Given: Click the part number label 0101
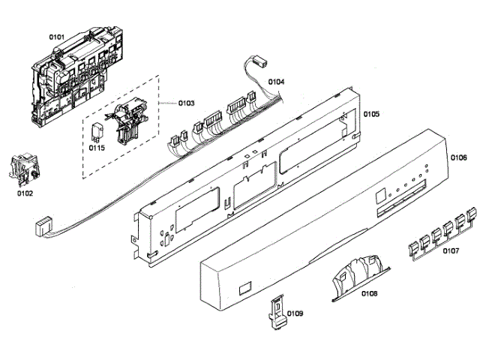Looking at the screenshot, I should tap(58, 36).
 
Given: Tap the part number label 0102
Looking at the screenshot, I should tap(25, 193).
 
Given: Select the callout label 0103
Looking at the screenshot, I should tap(186, 102).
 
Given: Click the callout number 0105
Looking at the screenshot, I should tap(371, 114).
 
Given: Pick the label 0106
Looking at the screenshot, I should tap(458, 157).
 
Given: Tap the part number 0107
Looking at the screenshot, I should tap(451, 251).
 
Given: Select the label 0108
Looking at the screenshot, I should tap(369, 292).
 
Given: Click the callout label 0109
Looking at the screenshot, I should tap(295, 313).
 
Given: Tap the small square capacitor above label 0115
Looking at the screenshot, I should tap(97, 130).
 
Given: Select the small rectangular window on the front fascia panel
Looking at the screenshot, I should tap(243, 288).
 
